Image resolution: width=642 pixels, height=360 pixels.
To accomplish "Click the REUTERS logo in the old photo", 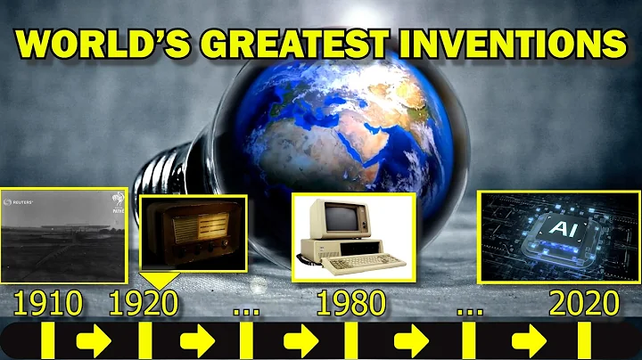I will coord(21,203).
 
